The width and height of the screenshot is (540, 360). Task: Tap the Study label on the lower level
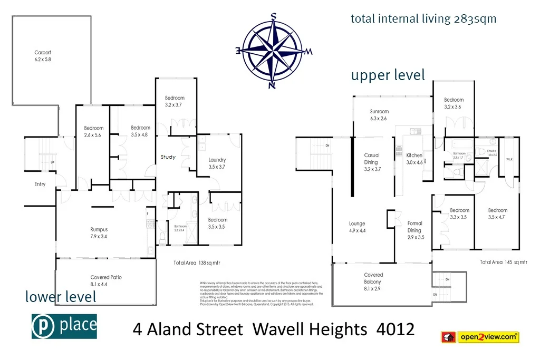coord(168,157)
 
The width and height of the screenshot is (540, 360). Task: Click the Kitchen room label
coord(414,155)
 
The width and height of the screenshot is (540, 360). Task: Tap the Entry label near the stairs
coord(40,184)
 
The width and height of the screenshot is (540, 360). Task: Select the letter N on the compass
coord(272,85)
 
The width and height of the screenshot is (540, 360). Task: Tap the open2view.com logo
coord(479,336)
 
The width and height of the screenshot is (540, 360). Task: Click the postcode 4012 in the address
coord(396,330)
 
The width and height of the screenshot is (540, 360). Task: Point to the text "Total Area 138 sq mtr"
coord(197,262)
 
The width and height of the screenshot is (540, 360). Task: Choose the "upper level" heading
coord(388,75)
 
